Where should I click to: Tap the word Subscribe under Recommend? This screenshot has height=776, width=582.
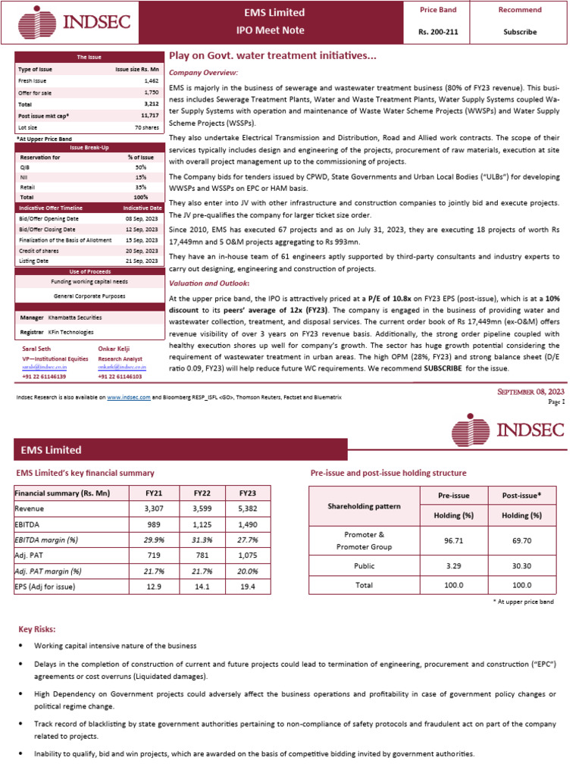pos(520,32)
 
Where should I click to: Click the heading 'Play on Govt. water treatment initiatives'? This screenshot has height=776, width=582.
pos(272,56)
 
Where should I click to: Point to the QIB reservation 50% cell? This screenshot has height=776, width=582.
pos(141,166)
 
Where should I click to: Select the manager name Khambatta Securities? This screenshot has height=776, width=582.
pos(74,318)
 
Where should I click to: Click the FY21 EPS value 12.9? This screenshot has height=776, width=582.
pos(153,587)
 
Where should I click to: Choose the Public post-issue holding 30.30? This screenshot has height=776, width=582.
pos(521,565)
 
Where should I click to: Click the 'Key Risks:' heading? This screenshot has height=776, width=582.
pos(36,629)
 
